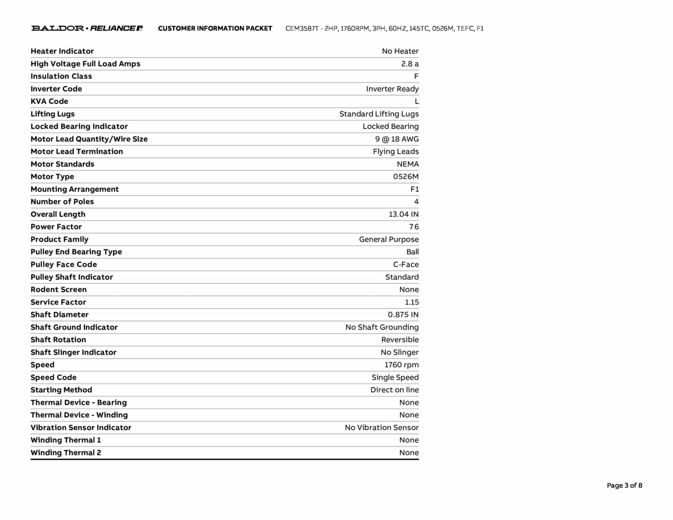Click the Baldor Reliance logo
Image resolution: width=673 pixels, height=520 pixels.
pyautogui.click(x=87, y=28)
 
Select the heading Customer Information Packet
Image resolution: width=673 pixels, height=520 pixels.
pyautogui.click(x=215, y=29)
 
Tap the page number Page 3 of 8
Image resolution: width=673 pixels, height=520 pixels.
pyautogui.click(x=624, y=485)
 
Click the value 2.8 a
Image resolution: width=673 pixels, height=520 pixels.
pyautogui.click(x=410, y=64)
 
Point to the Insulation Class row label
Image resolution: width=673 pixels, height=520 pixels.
pyautogui.click(x=61, y=76)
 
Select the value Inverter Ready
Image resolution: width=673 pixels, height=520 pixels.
pyautogui.click(x=392, y=89)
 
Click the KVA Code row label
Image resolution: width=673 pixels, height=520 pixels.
pyautogui.click(x=49, y=101)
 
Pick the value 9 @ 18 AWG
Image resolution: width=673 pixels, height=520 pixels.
pyautogui.click(x=397, y=139)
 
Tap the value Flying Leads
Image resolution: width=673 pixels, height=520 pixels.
pyautogui.click(x=396, y=152)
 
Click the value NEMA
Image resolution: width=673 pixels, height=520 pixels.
pyautogui.click(x=407, y=164)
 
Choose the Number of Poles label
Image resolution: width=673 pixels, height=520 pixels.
pyautogui.click(x=62, y=201)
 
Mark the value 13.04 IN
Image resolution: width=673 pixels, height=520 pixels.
pyautogui.click(x=404, y=214)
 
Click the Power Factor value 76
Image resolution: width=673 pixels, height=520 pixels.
pyautogui.click(x=414, y=227)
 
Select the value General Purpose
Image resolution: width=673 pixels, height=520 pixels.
pyautogui.click(x=389, y=239)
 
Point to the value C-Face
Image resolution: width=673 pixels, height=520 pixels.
pyautogui.click(x=406, y=265)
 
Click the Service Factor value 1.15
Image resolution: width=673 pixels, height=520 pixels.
pyautogui.click(x=412, y=302)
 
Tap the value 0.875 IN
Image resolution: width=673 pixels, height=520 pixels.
pyautogui.click(x=403, y=315)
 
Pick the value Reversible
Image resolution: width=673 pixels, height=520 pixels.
pyautogui.click(x=400, y=340)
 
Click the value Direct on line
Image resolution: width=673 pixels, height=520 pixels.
pyautogui.click(x=394, y=390)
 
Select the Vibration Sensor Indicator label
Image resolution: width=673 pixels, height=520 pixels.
pyautogui.click(x=81, y=428)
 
